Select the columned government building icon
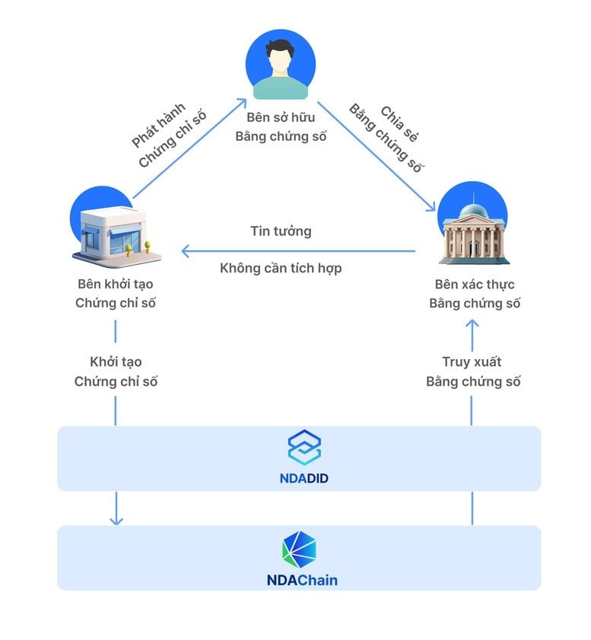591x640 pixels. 472,229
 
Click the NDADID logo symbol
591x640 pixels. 304,447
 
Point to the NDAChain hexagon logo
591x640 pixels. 299,549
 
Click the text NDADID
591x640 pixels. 304,479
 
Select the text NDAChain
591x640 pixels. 302,580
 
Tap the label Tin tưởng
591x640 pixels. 281,231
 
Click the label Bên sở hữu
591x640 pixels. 281,118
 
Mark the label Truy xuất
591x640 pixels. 472,362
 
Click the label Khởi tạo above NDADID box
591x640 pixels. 116,362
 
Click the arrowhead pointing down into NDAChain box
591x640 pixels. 116,520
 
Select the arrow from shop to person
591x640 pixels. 190,148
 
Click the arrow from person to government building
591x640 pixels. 377,158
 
